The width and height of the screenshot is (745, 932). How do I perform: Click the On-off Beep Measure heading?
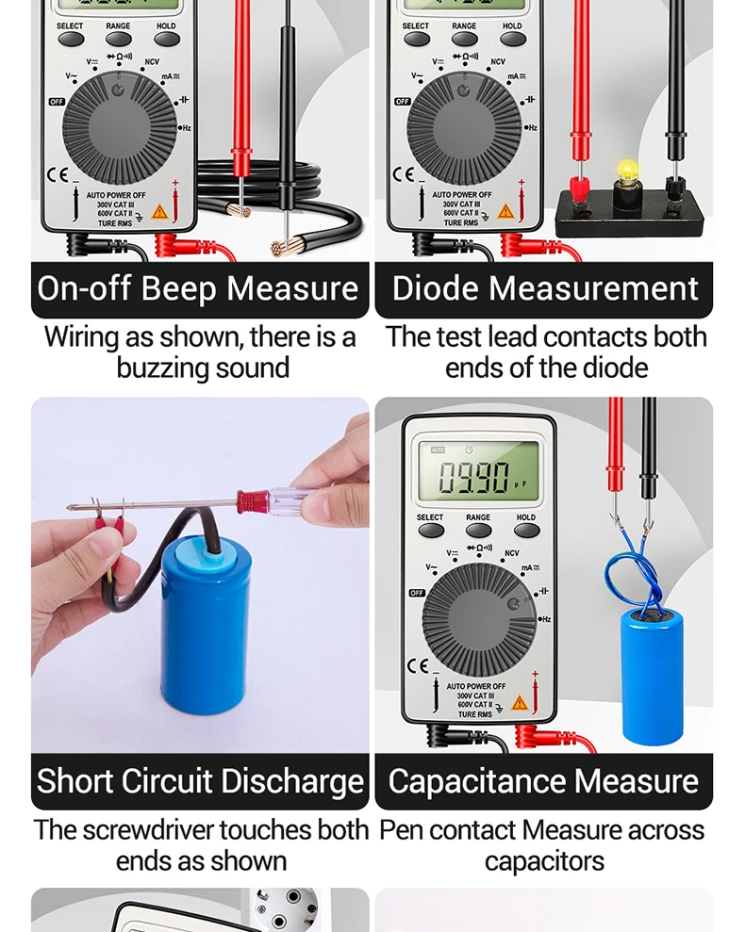(198, 288)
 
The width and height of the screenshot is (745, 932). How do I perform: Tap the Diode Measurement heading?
(544, 288)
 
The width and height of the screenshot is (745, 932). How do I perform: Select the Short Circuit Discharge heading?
(200, 781)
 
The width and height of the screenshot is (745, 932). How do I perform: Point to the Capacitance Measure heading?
(543, 781)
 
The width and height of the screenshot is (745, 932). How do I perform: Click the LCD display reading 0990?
(478, 477)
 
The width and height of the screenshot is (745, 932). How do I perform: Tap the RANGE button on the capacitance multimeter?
(478, 531)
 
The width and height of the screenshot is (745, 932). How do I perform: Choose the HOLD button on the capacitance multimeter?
(526, 531)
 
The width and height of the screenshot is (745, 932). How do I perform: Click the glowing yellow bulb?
(626, 172)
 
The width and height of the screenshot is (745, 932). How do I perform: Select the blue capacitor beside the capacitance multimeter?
(651, 675)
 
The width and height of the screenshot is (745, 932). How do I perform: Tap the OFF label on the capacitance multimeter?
(417, 593)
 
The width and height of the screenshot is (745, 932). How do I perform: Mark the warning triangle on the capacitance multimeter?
(520, 703)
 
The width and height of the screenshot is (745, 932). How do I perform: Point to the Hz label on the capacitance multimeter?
(544, 619)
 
